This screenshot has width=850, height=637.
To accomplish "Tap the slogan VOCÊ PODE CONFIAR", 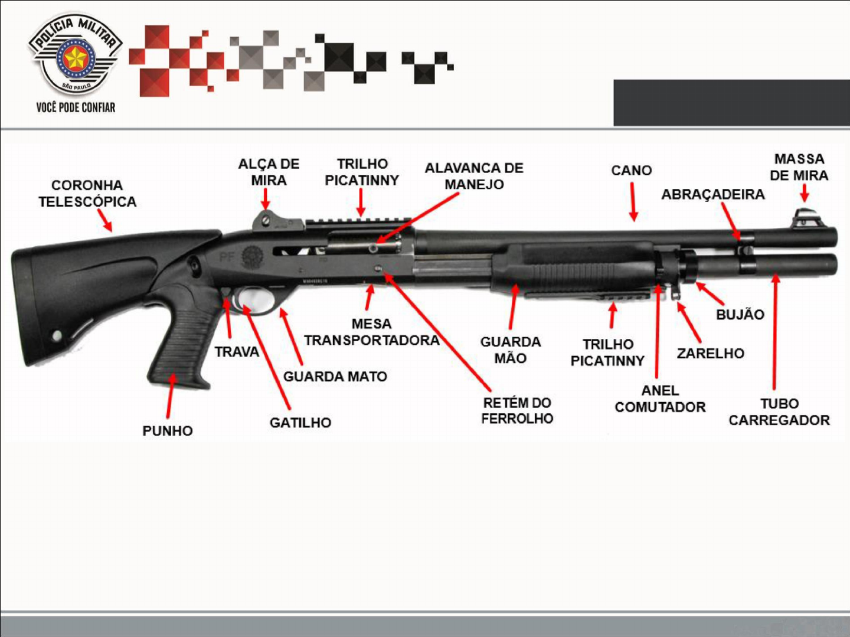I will (x=76, y=107).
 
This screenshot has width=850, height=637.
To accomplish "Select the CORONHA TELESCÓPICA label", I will (x=87, y=194).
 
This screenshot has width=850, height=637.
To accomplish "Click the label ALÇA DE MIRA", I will (x=269, y=172).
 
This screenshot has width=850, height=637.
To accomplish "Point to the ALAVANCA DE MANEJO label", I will (x=474, y=176).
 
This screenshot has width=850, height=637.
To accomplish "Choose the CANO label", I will (x=631, y=171).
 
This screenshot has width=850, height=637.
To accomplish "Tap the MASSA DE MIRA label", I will (x=799, y=167).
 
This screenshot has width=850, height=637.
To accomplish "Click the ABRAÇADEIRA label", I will (x=712, y=194).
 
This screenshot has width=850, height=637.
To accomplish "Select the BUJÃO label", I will (x=740, y=315).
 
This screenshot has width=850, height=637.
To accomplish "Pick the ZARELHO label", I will (x=710, y=354).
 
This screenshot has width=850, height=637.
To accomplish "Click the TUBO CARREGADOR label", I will (x=779, y=412).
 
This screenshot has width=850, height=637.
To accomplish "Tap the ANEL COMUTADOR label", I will (x=660, y=399).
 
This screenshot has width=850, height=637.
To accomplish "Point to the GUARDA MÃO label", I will (x=510, y=350).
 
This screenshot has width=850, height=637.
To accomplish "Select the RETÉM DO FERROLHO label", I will (x=517, y=411).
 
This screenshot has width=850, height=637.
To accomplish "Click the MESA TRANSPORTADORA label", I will (x=371, y=332).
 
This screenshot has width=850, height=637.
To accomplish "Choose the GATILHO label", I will (x=300, y=423).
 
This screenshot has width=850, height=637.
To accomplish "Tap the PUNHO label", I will (x=167, y=431).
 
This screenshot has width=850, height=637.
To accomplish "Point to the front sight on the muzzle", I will (x=803, y=217).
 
